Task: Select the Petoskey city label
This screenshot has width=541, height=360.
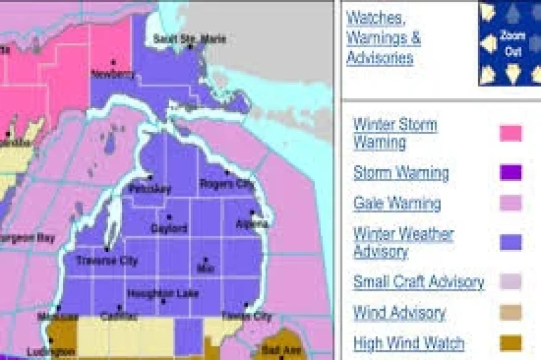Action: [x=149, y=188]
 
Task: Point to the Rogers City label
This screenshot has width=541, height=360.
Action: [x=226, y=183]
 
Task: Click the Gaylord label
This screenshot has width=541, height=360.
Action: [x=169, y=228]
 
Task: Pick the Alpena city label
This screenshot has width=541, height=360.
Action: [x=252, y=223]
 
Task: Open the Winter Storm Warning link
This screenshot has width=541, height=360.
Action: [x=395, y=134]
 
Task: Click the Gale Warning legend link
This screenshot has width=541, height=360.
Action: [x=397, y=203]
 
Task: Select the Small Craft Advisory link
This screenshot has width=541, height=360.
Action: [x=418, y=282]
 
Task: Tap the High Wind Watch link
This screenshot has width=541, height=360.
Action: [x=409, y=343]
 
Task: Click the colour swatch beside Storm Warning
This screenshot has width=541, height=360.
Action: [x=511, y=173]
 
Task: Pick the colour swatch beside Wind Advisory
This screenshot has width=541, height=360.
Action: [x=511, y=313]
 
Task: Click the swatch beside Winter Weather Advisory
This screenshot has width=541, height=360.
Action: [x=511, y=242]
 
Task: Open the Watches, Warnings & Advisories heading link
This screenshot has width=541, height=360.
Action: [x=383, y=38]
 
